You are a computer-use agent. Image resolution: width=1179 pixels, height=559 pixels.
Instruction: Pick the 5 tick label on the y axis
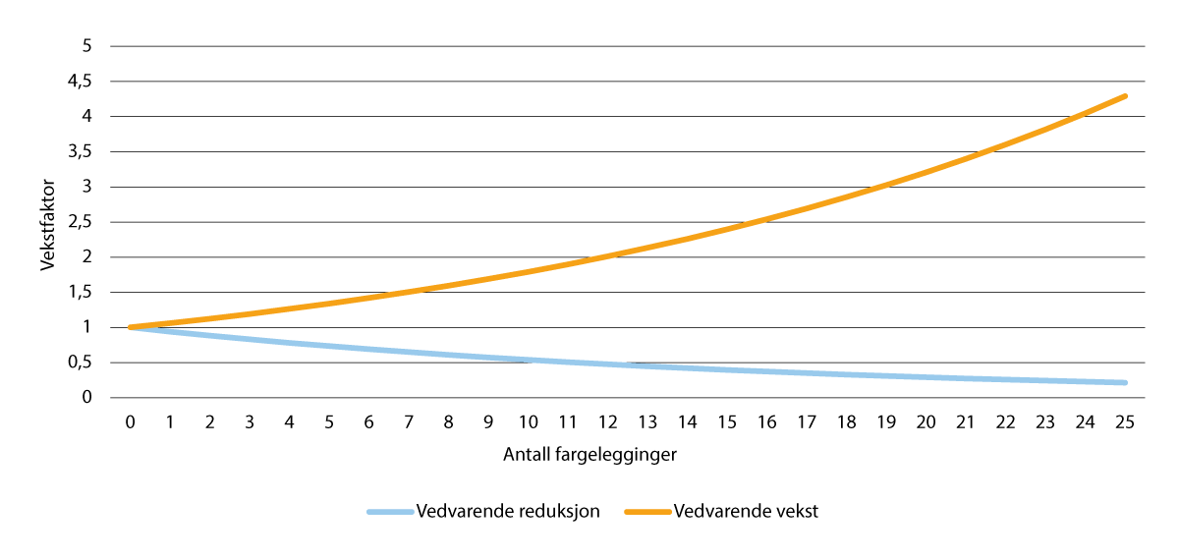86,46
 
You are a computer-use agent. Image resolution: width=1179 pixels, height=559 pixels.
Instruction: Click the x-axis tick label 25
1125,420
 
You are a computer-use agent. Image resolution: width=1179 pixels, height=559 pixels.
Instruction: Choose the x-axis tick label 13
647,420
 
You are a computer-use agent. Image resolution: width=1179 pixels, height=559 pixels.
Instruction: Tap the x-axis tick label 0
131,420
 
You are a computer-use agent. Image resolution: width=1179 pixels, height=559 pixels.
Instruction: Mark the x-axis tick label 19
886,420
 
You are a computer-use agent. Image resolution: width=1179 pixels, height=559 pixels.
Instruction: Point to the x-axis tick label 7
409,420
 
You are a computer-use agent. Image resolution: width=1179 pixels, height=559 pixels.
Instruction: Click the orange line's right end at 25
1125,96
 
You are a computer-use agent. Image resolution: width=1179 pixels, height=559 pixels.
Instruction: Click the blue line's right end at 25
1125,382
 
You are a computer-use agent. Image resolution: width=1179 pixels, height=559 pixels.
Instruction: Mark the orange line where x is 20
926,173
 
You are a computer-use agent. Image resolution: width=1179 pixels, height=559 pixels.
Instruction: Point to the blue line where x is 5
329,346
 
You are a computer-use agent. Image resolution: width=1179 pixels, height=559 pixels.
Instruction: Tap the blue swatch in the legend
389,512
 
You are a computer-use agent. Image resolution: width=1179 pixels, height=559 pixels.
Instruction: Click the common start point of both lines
131,327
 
